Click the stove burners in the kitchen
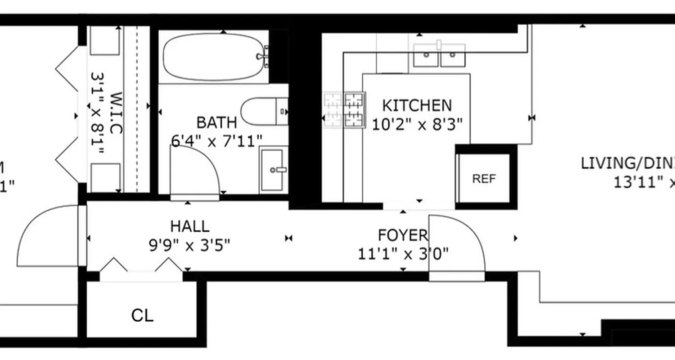point(345,110)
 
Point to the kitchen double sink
point(439,55)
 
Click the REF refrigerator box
point(484,179)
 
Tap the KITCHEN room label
point(417,105)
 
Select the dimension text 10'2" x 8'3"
point(417,124)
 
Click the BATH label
point(216,122)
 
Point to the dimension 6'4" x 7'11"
point(216,141)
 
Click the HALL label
point(189,225)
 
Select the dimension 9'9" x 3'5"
point(189,245)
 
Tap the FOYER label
point(402,235)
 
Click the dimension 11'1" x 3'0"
point(403,254)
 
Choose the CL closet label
point(142,315)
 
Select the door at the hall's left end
point(49,236)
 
